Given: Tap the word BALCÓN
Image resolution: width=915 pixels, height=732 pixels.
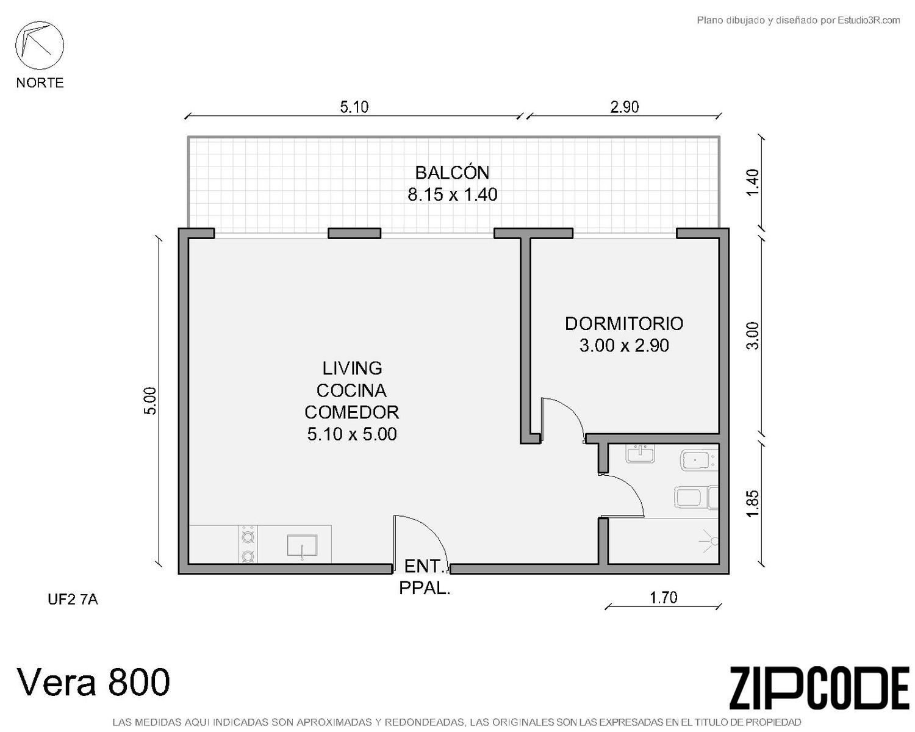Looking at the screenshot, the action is point(452,173).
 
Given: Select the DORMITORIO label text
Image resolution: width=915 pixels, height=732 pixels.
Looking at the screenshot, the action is point(624,324).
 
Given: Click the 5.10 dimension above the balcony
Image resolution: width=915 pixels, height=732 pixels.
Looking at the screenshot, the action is point(354,107).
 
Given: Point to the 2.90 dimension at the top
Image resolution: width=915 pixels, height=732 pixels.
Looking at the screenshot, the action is point(624,107).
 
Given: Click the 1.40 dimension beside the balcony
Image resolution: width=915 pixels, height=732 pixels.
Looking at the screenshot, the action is point(752,182).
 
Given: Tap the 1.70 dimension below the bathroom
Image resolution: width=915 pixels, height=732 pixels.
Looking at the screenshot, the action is point(663,598).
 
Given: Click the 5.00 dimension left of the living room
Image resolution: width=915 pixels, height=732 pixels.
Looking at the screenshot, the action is point(150,401).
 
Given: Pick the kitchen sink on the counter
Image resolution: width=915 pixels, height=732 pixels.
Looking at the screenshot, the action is point(302,545).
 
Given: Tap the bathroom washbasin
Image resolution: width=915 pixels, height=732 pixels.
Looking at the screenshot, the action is point(640,454).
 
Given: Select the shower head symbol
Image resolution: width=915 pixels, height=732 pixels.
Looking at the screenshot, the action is point(710,541).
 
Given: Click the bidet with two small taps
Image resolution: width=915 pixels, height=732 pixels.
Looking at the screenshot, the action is point(698,460).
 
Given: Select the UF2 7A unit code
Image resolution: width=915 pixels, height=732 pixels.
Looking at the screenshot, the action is point(73,599).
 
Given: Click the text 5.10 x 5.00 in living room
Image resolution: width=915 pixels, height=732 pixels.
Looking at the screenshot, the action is point(351,434).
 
